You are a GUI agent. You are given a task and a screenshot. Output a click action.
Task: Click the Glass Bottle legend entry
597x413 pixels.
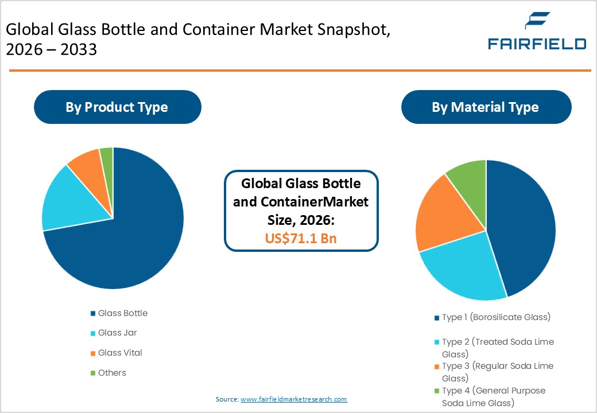point(122,313)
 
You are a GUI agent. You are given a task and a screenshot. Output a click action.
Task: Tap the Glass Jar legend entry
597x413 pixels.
point(117,333)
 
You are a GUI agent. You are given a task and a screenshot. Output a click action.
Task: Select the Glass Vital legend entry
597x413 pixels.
point(120,353)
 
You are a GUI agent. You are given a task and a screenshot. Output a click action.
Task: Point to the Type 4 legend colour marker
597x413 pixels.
point(437,391)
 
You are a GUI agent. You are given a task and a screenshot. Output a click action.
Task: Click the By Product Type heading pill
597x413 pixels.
point(117,107)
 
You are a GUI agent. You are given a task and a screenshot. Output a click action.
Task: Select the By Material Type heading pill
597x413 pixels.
point(486,107)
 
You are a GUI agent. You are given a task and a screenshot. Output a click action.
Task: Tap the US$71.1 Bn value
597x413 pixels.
point(301,238)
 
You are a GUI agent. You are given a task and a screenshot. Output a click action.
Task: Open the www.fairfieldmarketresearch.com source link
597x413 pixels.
point(294,399)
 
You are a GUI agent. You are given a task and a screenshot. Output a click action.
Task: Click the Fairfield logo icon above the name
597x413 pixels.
point(537,22)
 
